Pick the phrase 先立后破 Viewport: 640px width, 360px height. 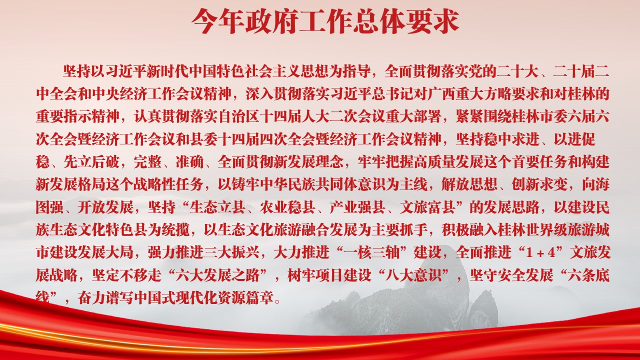coord(92,162)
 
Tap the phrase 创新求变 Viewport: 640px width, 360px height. coord(539,184)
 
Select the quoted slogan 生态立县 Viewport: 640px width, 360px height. coord(217,207)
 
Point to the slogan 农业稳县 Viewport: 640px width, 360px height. coord(288,207)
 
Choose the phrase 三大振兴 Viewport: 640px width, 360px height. coord(232,252)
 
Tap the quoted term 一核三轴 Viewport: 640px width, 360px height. coord(372,252)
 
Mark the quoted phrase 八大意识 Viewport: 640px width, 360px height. coord(413,275)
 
